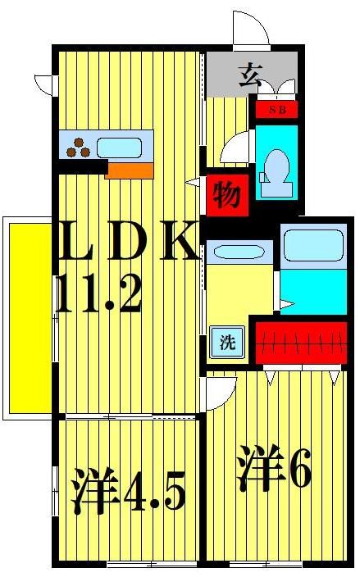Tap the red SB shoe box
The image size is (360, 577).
point(276,109)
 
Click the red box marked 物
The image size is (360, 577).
point(226,195)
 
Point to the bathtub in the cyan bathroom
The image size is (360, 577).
point(312,245)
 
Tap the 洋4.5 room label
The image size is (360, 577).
point(127,491)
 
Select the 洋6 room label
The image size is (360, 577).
point(275,470)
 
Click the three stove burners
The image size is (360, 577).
point(80,148)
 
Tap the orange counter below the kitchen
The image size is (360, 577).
point(130,170)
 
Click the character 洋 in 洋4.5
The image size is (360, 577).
point(90,491)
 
